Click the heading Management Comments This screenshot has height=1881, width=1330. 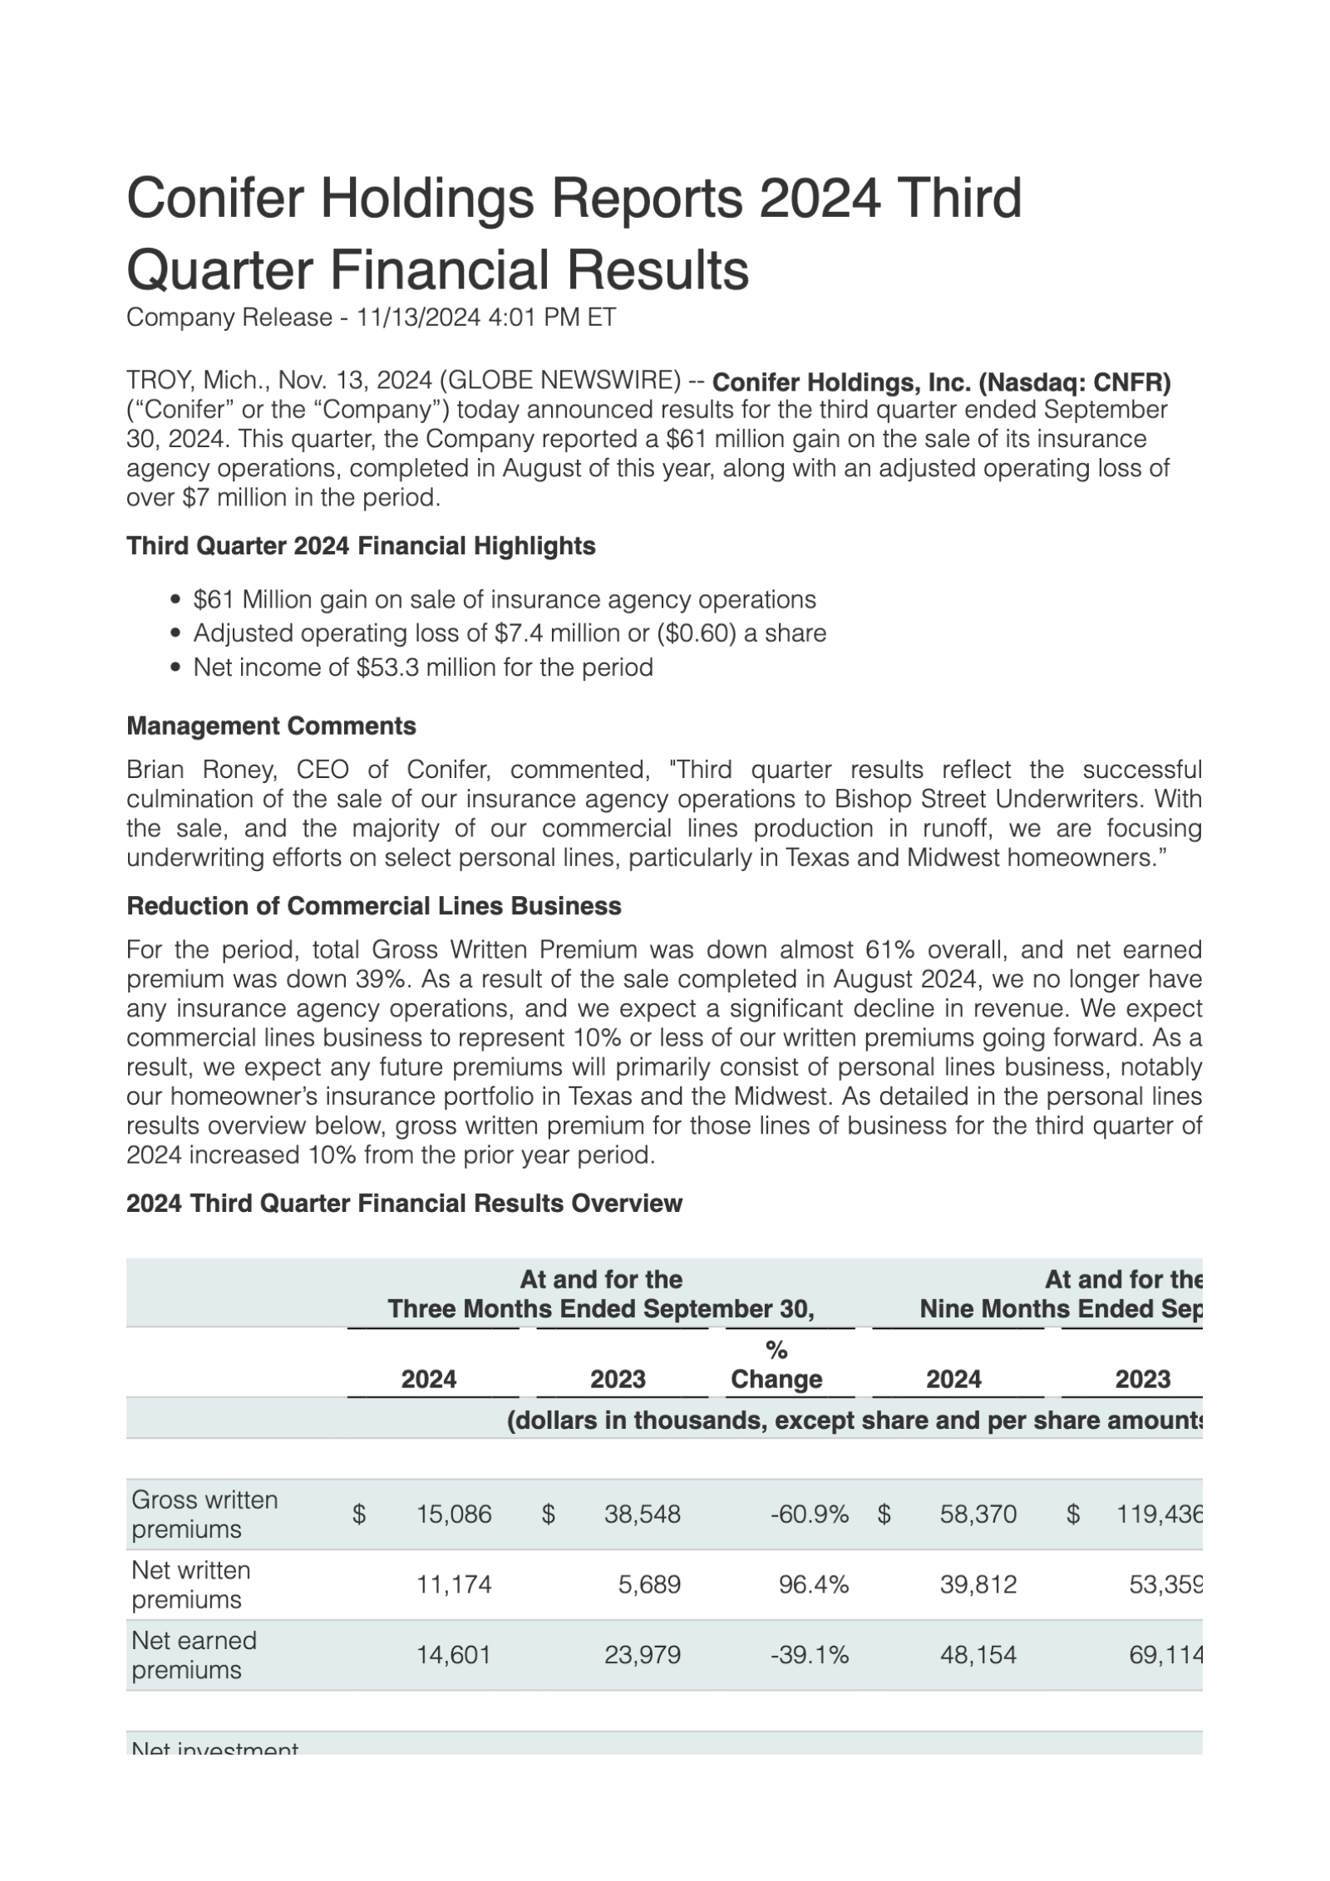(271, 726)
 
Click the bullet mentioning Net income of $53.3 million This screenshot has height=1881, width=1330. (422, 667)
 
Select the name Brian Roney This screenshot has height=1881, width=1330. (201, 770)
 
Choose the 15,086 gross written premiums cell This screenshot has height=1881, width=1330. (454, 1514)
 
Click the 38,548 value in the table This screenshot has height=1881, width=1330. (643, 1514)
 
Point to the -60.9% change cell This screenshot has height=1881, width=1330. (809, 1514)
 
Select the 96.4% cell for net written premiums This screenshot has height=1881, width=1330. (813, 1584)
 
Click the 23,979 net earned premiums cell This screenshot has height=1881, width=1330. (643, 1655)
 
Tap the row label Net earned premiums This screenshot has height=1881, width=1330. (194, 1655)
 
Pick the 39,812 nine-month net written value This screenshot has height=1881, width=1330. (978, 1584)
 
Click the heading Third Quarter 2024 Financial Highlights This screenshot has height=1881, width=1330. (361, 546)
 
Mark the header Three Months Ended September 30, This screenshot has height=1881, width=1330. (600, 1309)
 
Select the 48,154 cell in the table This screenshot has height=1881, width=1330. (978, 1655)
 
